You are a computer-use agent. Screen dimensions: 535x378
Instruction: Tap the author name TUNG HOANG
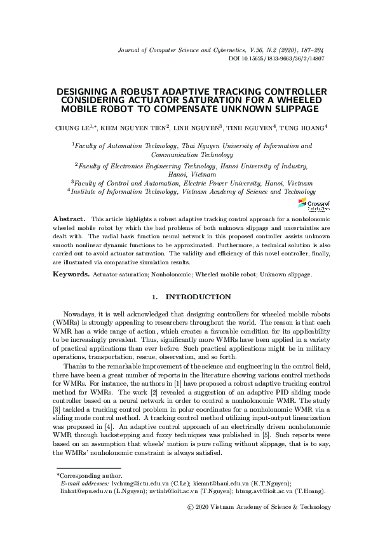coord(302,128)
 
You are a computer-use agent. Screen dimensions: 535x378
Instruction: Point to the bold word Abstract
coord(68,218)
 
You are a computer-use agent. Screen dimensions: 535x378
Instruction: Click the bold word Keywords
coord(71,274)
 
